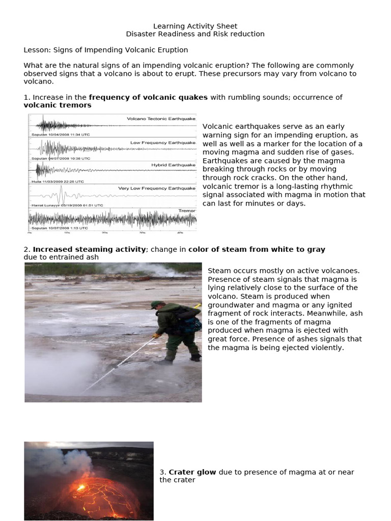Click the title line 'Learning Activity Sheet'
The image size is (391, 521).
point(195,26)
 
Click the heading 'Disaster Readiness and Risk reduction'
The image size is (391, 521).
point(195,34)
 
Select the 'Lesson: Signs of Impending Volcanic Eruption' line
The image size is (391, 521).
point(106,50)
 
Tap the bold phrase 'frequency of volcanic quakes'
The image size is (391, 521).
point(148,97)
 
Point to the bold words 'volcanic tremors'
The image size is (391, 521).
point(58,105)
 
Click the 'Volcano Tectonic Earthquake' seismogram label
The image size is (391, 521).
point(161,119)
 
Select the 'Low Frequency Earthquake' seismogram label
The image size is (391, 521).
point(163,143)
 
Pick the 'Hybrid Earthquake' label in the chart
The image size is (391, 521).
point(173,165)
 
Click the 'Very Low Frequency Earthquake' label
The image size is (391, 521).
point(157,188)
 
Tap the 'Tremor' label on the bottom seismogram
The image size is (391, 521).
point(187,210)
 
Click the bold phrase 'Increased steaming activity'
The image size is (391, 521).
point(90,249)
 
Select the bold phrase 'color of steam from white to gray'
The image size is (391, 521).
point(257,249)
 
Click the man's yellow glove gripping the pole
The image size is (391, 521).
point(157,336)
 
